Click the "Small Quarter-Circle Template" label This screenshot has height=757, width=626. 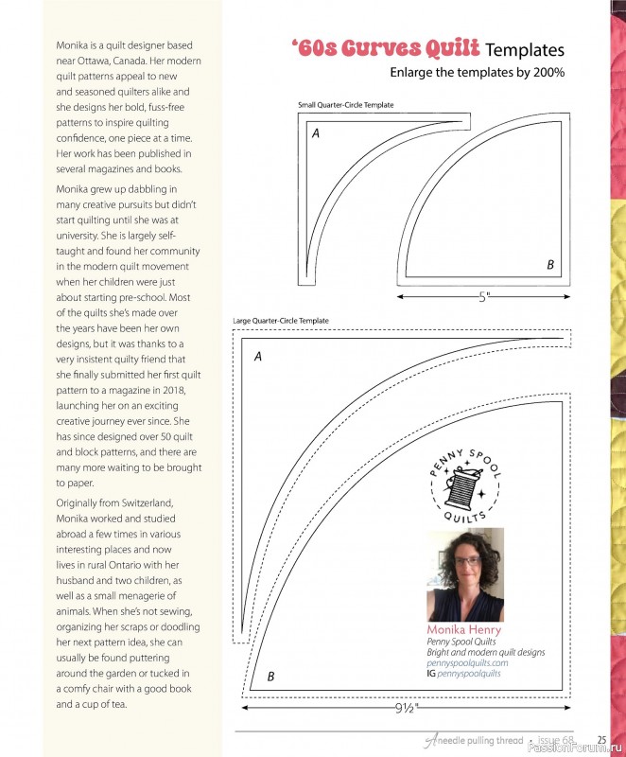345,105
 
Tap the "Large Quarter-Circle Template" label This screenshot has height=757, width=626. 281,321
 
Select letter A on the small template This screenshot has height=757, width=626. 316,134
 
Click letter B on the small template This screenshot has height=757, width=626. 550,266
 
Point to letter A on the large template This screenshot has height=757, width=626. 257,357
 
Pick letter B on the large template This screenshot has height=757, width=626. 270,676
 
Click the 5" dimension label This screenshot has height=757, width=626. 484,297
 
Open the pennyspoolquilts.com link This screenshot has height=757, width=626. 467,662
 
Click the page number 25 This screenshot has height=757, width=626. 601,740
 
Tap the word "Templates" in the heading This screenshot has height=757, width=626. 527,50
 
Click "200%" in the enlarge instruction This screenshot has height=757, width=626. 547,72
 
